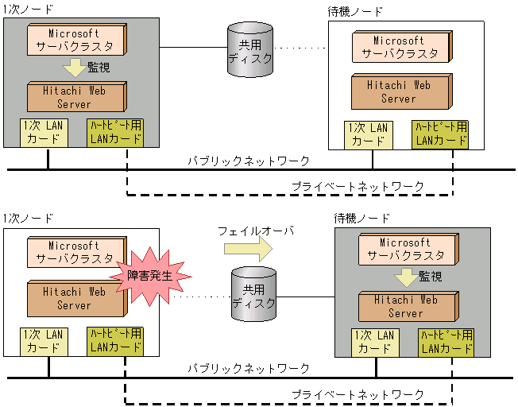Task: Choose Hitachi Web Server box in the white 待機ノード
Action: (398, 92)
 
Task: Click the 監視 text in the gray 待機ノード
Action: (430, 277)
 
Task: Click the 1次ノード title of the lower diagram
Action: (28, 218)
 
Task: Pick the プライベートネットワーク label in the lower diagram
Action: (358, 394)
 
